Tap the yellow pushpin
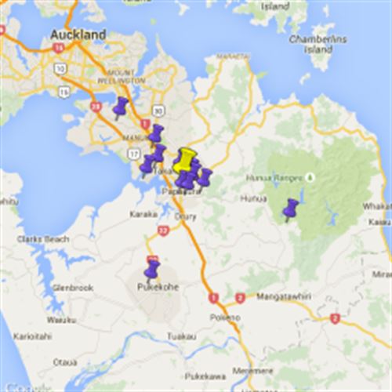[185, 160]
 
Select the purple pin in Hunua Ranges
[291, 209]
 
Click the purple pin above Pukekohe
[152, 270]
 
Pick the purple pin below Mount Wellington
[121, 107]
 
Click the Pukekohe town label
[157, 287]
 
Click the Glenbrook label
[73, 288]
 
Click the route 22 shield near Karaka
[163, 230]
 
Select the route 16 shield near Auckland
[56, 48]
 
